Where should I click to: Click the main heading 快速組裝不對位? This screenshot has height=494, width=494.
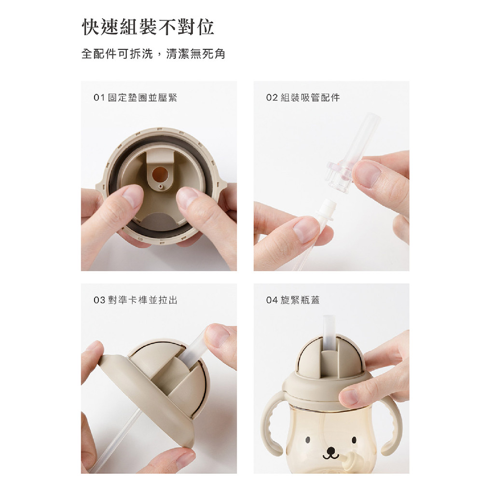[148, 27]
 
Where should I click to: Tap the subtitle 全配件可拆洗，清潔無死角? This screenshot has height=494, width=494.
[153, 54]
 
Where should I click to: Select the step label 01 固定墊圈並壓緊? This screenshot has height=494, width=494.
[135, 97]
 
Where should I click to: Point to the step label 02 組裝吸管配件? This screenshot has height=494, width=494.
[303, 97]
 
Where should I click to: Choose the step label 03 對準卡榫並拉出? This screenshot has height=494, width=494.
[136, 300]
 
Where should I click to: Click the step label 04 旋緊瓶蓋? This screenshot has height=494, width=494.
[293, 300]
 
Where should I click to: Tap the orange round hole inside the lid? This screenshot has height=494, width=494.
[160, 174]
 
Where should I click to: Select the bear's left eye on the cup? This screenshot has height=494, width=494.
[307, 439]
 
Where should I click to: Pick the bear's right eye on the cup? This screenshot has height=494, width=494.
[354, 439]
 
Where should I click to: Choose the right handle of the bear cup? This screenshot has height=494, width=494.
[391, 424]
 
